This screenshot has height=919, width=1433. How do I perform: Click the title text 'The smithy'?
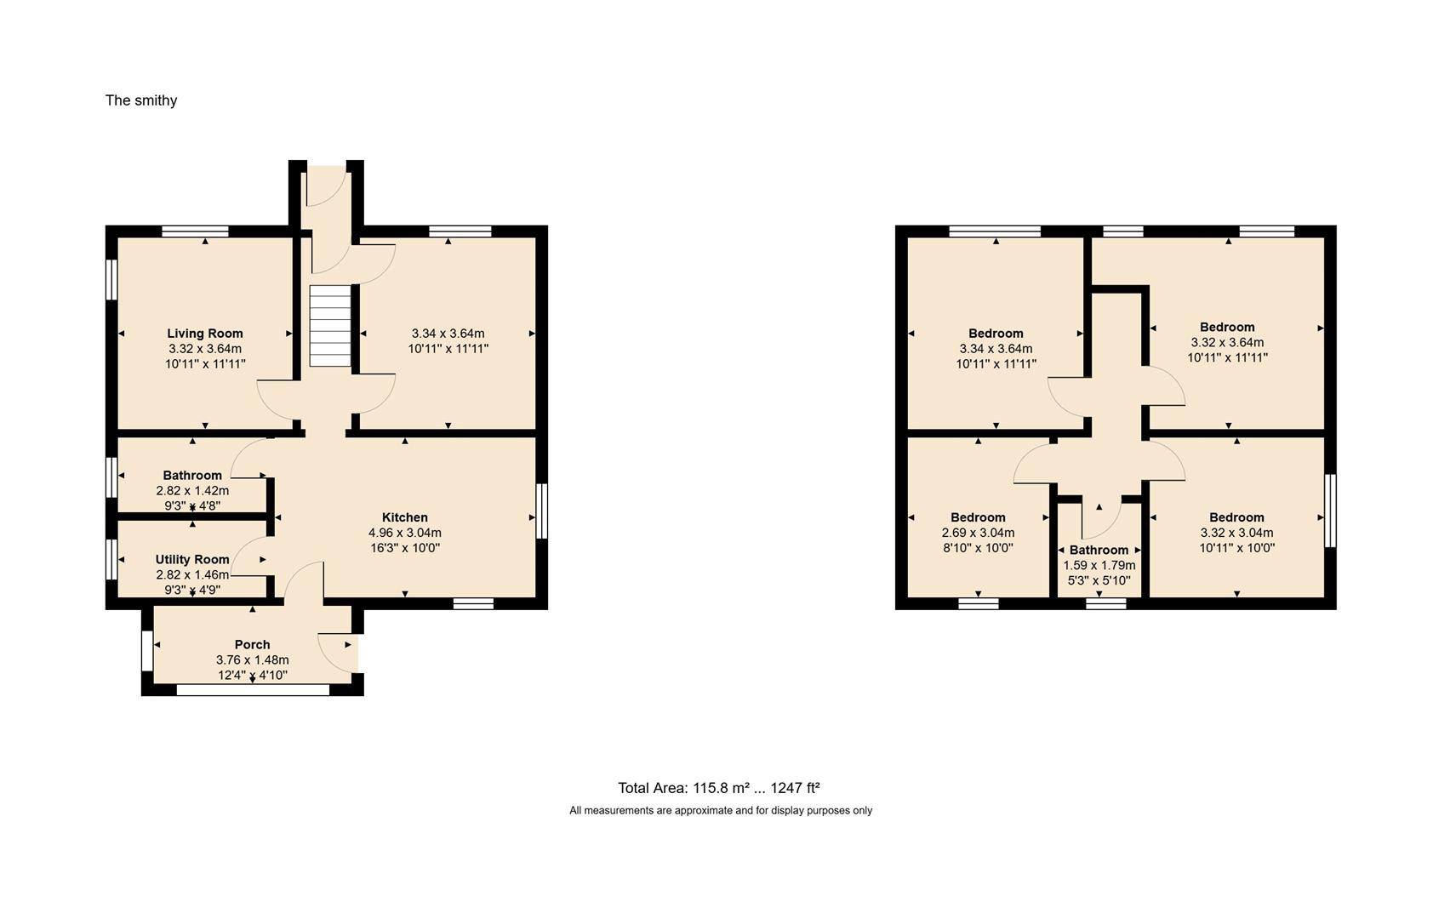tap(141, 100)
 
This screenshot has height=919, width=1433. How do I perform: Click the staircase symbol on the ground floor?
tap(330, 326)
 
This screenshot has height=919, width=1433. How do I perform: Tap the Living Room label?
tap(205, 334)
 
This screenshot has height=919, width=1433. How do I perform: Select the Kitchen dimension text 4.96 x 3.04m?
tap(405, 533)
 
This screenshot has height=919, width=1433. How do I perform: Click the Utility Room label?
tap(192, 559)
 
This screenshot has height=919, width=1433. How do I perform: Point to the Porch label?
tap(252, 644)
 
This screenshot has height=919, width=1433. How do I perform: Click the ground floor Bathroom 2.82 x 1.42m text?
tap(192, 491)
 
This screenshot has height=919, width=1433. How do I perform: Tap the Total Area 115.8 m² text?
tap(718, 788)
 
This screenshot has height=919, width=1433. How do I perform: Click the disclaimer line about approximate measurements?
tap(721, 811)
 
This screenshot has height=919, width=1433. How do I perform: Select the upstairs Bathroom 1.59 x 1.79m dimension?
tap(1099, 565)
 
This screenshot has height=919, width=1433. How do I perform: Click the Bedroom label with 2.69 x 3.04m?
tap(978, 517)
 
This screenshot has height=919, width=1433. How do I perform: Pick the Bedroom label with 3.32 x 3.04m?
tap(1236, 517)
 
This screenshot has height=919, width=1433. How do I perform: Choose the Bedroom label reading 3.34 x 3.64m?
tap(996, 334)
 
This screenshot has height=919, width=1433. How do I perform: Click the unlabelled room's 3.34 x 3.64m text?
tap(448, 334)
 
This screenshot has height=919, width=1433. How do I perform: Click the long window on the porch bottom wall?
tap(253, 690)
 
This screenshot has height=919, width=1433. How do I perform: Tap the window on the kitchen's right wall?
tap(542, 511)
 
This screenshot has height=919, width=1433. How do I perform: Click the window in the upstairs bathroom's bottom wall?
tap(1106, 603)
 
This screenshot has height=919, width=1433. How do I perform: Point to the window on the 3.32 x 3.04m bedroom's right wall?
tap(1331, 511)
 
